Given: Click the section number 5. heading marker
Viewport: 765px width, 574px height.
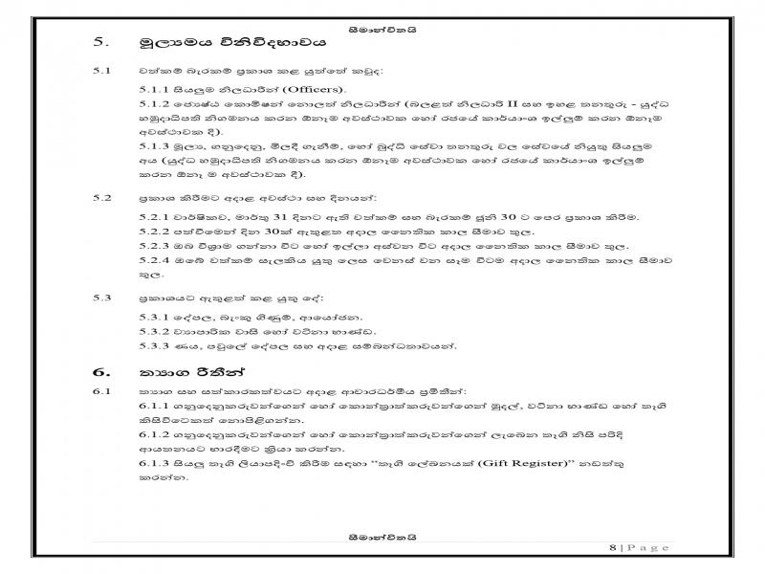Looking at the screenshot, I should click(x=99, y=42).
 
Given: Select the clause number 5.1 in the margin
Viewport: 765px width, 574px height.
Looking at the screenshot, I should click(x=99, y=71).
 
